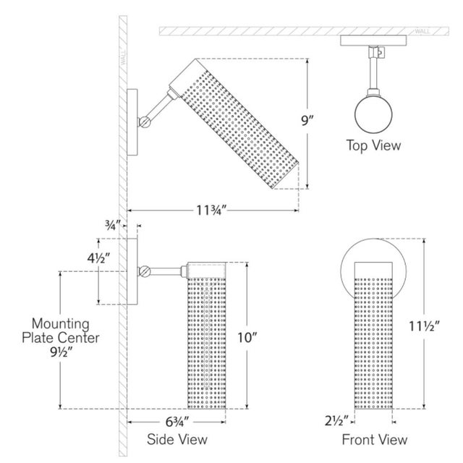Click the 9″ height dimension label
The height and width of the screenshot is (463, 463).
click(307, 121)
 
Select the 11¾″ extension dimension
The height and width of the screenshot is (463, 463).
click(211, 211)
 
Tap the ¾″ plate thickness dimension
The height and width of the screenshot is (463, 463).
click(113, 225)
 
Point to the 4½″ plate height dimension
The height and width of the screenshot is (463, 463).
click(98, 259)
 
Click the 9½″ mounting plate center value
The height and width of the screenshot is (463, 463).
click(61, 352)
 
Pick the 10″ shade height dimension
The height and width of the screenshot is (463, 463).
click(247, 338)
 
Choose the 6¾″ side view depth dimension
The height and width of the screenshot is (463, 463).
click(177, 422)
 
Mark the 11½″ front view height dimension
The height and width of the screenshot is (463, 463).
click(425, 326)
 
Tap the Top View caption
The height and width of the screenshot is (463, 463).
click(373, 145)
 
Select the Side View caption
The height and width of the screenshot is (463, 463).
click(177, 439)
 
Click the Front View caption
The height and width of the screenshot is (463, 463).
click(375, 439)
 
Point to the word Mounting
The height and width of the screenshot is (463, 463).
click(61, 323)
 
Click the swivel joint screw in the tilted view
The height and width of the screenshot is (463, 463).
click(145, 122)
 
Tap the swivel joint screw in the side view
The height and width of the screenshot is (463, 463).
click(145, 271)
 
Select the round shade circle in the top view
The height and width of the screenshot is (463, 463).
click(373, 114)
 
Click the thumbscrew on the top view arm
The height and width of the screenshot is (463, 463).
click(380, 53)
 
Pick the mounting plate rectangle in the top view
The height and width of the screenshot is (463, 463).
click(373, 41)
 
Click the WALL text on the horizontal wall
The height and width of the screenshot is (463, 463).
click(422, 31)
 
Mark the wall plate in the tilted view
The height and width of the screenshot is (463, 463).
click(132, 122)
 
